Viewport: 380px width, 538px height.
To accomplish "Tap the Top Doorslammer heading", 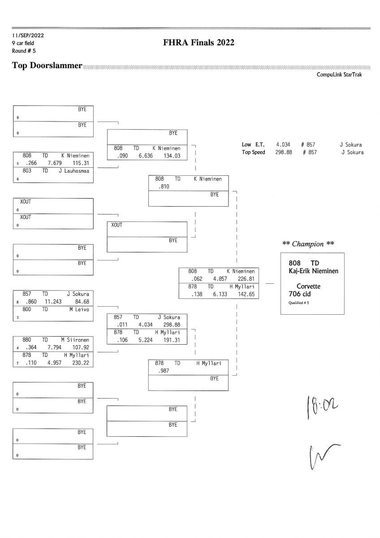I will click(x=47, y=66).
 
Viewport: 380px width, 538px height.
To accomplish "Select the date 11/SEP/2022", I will click(x=28, y=35).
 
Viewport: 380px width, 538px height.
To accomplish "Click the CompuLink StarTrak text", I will click(x=339, y=75).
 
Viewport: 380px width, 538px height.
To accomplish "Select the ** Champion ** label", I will click(x=308, y=244).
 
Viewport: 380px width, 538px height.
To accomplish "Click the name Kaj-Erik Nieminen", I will click(x=313, y=271).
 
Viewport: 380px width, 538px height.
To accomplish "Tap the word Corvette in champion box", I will click(x=308, y=286).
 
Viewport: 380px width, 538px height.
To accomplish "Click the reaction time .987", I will click(x=164, y=371).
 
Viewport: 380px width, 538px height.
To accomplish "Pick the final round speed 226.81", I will click(x=246, y=279).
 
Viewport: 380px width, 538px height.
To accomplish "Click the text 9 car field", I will click(x=23, y=43).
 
